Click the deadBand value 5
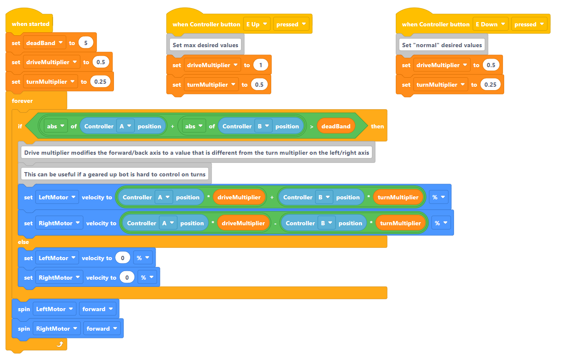tap(85, 43)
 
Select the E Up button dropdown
tap(257, 24)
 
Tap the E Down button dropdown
tap(490, 24)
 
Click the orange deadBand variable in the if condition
tap(336, 126)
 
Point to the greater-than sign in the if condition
tap(312, 127)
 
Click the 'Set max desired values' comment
tap(205, 45)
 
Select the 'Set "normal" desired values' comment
tap(442, 45)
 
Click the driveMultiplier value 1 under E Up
tap(261, 65)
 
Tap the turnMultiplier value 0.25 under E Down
tap(490, 85)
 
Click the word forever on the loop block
tap(22, 101)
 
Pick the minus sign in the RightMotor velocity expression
tap(275, 224)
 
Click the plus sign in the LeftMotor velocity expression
tap(272, 198)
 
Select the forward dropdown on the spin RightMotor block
tap(102, 329)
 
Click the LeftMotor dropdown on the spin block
tap(54, 309)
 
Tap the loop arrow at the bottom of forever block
tap(60, 344)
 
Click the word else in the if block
tap(23, 242)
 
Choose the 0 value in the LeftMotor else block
tap(122, 258)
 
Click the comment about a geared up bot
tap(115, 174)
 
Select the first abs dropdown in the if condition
tap(55, 126)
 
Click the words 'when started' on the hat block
tap(31, 24)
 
